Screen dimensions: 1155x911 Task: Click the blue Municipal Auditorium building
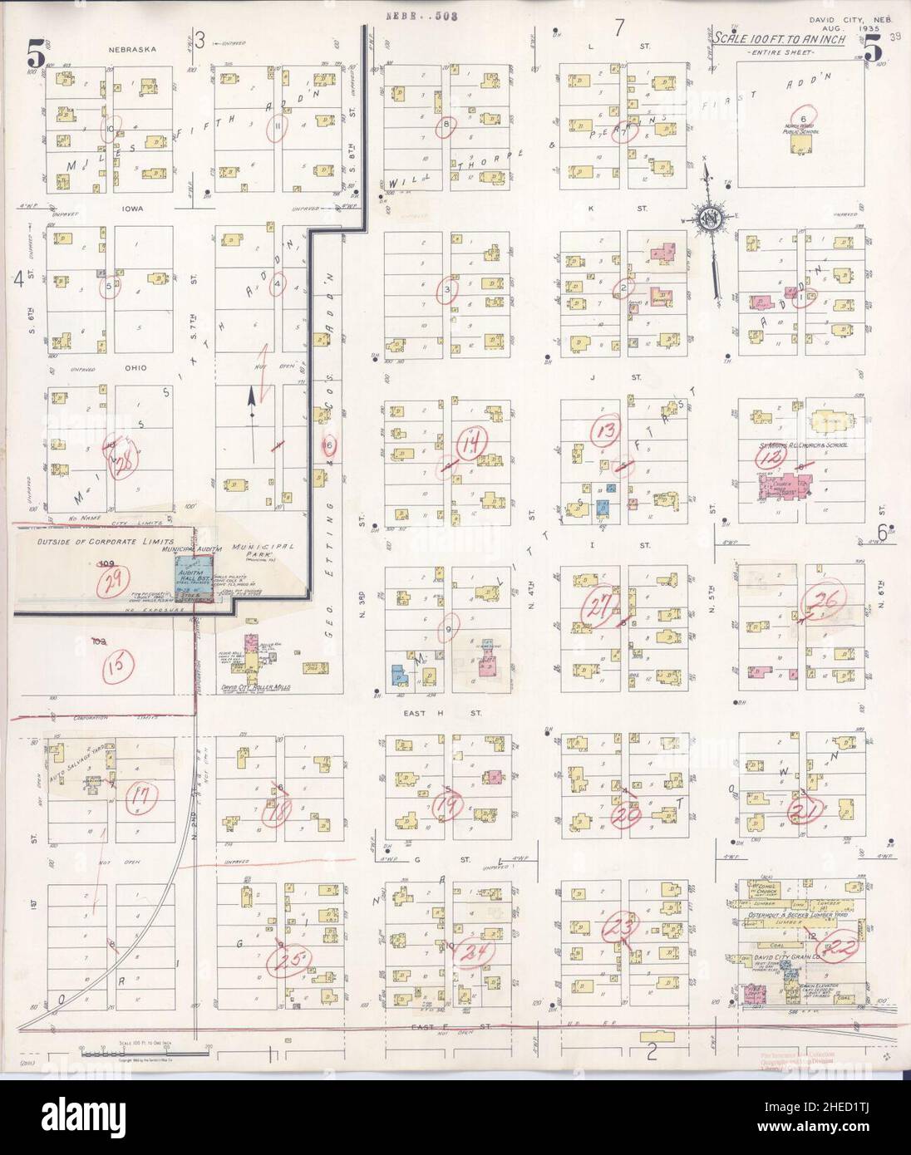183,573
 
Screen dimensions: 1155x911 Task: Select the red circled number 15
119,665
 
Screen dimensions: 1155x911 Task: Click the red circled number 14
475,441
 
